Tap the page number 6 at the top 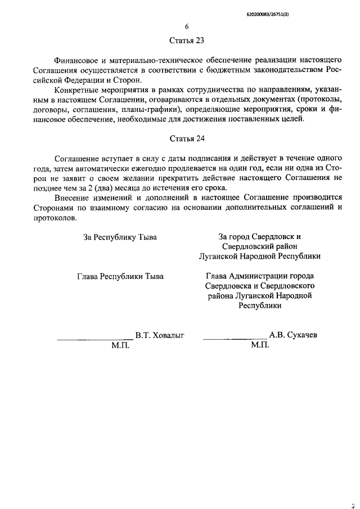pos(187,26)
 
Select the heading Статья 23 pos(187,40)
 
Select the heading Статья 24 pos(187,138)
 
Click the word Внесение pos(72,197)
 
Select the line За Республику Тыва pos(120,237)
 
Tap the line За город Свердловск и pos(260,237)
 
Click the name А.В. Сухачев pos(293,335)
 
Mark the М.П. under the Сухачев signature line pos(260,345)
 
